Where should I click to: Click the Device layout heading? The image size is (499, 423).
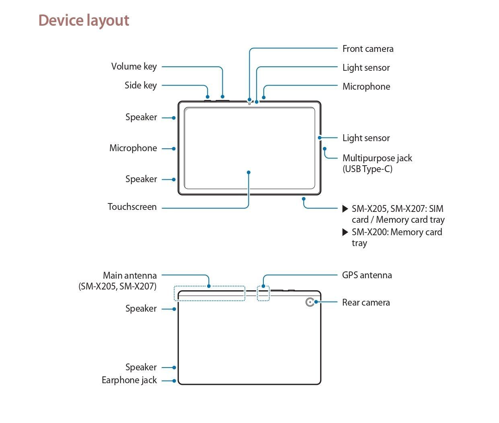84,21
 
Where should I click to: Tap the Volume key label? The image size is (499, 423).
134,66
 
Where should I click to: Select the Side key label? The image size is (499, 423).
140,85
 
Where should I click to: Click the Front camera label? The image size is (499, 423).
368,49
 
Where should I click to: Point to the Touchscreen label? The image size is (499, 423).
132,207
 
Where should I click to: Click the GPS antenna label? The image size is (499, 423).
367,275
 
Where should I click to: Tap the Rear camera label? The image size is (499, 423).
366,302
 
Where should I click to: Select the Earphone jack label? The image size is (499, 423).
129,380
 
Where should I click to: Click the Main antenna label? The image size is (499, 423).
129,275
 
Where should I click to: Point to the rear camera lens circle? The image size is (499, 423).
310,302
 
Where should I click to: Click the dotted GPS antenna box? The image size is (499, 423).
263,294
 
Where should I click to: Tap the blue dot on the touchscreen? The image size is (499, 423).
249,172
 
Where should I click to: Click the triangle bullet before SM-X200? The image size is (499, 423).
345,232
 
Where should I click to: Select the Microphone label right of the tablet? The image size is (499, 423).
366,86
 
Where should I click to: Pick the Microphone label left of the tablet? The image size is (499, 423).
133,148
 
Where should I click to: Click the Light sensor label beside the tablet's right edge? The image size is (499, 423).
366,138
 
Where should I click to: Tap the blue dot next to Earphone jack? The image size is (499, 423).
174,381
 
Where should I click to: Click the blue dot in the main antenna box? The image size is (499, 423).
209,286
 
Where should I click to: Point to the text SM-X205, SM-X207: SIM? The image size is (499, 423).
397,209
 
